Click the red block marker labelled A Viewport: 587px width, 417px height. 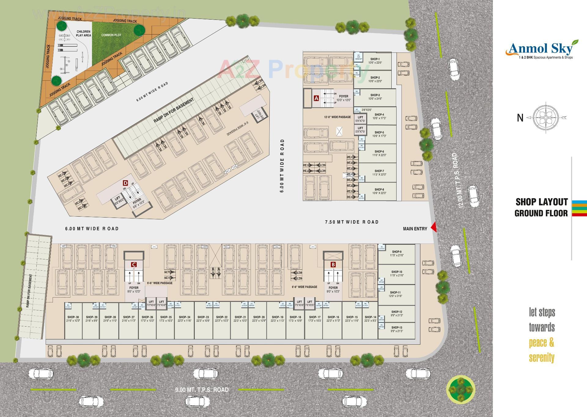[x=316, y=98]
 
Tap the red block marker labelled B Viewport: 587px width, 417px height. [x=333, y=264]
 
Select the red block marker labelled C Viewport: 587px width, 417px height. [x=133, y=264]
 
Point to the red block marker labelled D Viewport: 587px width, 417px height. [x=125, y=183]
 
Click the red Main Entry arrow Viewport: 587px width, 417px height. [x=434, y=228]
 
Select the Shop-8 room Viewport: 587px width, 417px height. [x=379, y=191]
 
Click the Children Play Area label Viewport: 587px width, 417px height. [x=83, y=33]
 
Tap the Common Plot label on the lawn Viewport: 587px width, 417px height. [x=111, y=35]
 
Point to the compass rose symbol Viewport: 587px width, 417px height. [x=545, y=118]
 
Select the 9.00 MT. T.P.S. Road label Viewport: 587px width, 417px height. [x=202, y=390]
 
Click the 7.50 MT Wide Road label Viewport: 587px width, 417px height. [x=352, y=222]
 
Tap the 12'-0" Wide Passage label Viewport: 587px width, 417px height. [x=338, y=117]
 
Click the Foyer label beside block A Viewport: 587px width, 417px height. [x=344, y=98]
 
